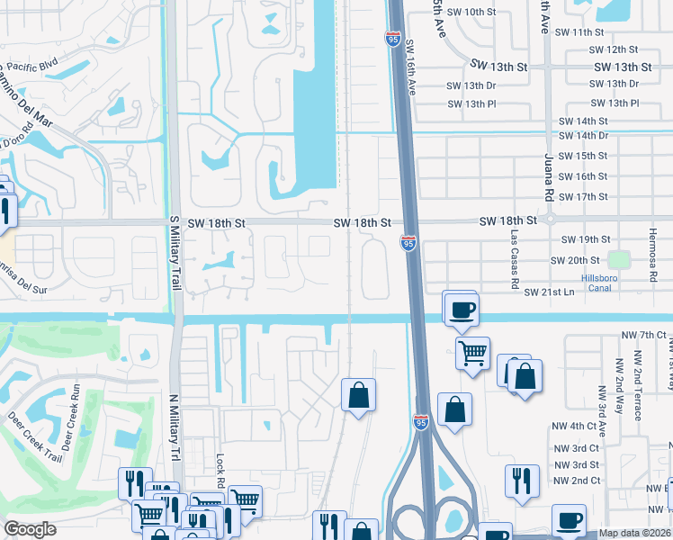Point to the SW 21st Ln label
pos(549,292)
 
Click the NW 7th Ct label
pos(642,335)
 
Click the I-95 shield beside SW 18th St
pos(408,242)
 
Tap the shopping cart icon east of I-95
pos(472,351)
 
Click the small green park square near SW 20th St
pos(618,259)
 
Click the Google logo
pos(31,529)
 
